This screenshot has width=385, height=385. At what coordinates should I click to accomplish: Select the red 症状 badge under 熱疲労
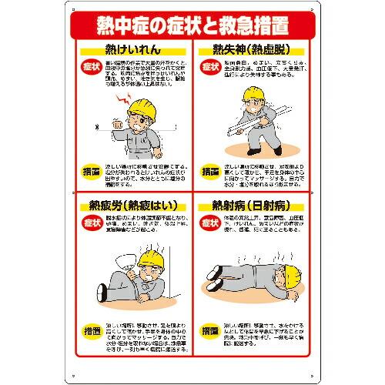(91, 226)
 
